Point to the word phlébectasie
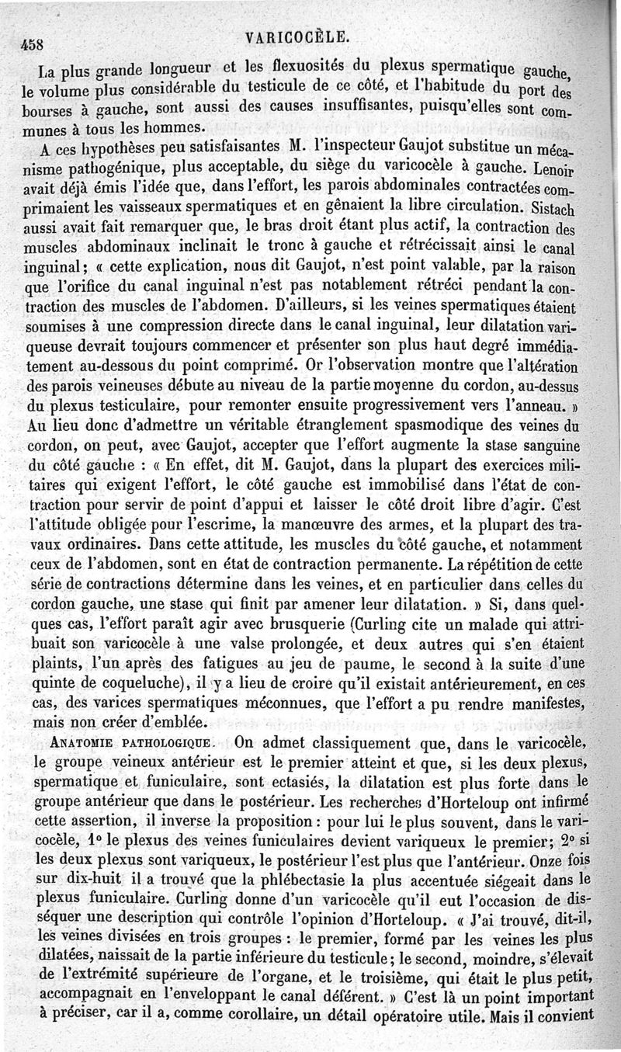tap(288, 859)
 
